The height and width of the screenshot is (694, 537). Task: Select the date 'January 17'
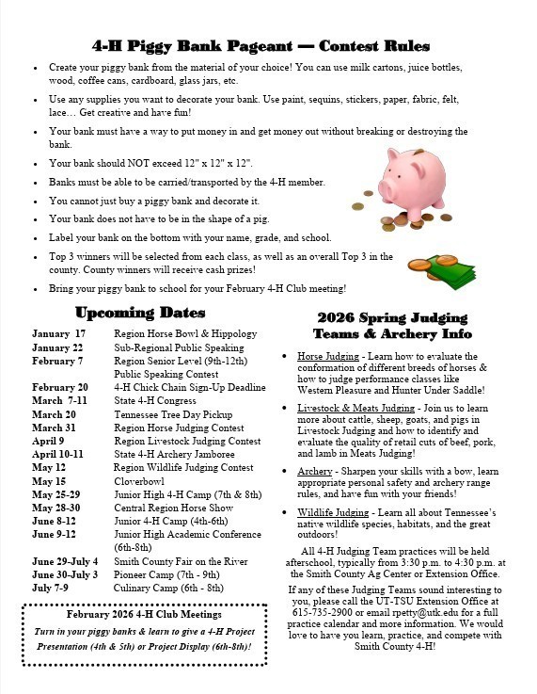pyautogui.click(x=58, y=334)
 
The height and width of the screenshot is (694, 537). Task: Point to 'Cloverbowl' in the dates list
pyautogui.click(x=140, y=481)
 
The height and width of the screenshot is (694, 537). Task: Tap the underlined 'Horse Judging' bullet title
pyautogui.click(x=328, y=357)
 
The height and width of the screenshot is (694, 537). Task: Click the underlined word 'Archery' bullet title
pyautogui.click(x=315, y=471)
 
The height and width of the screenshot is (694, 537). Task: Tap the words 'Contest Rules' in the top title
pyautogui.click(x=374, y=46)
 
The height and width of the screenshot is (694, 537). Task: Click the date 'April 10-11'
pyautogui.click(x=57, y=454)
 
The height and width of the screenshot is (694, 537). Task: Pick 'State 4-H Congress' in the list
pyautogui.click(x=156, y=401)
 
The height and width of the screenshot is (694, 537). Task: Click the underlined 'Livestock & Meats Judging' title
pyautogui.click(x=355, y=408)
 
